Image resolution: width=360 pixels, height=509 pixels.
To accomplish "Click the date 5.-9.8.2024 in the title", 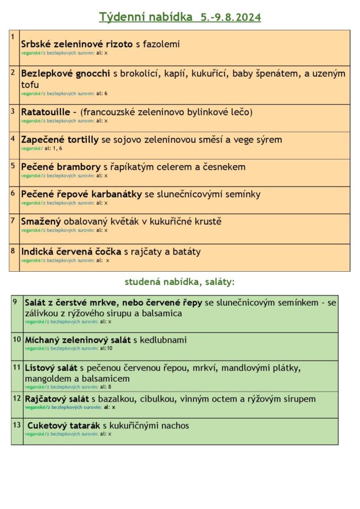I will point(230,17).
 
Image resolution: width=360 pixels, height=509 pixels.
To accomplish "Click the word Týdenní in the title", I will point(121,17).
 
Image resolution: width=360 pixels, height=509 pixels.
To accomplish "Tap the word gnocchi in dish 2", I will point(92,74).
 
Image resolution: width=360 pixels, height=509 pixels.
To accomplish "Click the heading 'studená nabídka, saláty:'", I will point(180,282).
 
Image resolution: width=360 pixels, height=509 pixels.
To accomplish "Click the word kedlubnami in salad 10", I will point(164,340).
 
